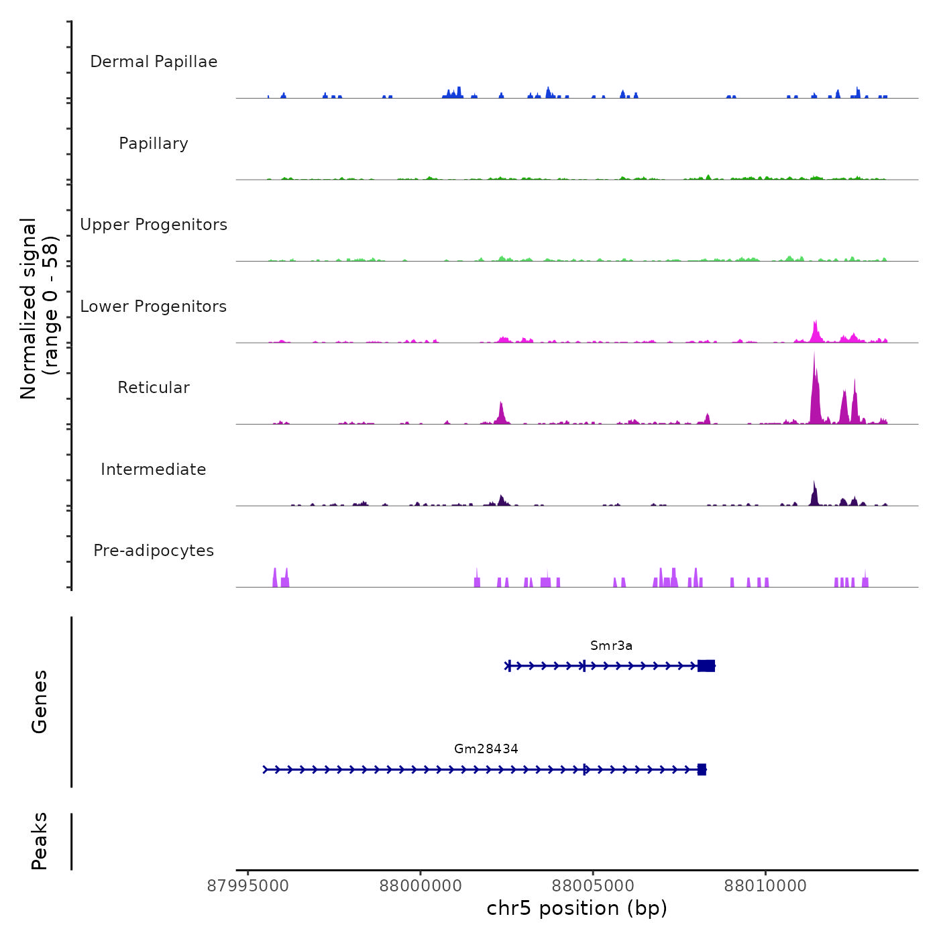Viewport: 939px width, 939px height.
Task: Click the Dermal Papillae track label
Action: (154, 62)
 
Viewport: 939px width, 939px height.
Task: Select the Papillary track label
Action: (154, 144)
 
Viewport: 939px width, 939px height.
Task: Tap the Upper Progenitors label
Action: (154, 225)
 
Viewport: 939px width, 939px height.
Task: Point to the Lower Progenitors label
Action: (154, 307)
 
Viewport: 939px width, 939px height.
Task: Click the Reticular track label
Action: (154, 388)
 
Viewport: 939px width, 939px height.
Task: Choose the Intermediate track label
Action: (154, 469)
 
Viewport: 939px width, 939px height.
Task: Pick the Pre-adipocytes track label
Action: (154, 551)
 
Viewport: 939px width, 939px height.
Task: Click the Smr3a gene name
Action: (611, 645)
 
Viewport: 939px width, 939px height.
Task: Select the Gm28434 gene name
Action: (486, 749)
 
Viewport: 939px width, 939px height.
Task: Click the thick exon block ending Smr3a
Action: (706, 665)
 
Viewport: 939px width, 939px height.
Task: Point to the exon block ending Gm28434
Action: (702, 769)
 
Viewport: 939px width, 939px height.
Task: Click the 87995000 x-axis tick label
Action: (248, 886)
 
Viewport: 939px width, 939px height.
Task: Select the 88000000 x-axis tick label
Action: (421, 886)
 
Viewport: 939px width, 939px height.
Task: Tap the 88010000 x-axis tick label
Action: (765, 886)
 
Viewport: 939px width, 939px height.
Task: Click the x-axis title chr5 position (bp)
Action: (577, 908)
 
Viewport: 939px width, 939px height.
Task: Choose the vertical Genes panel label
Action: (40, 702)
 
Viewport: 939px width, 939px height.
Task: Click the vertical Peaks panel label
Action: (40, 841)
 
